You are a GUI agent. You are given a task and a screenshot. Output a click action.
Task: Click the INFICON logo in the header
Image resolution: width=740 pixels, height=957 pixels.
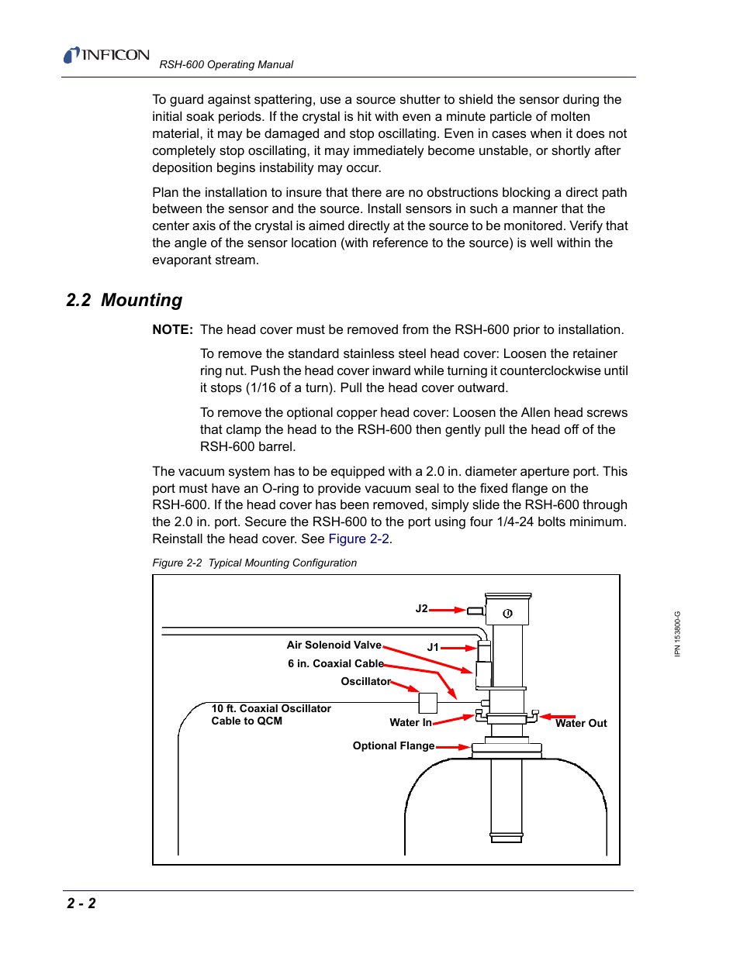click(x=106, y=55)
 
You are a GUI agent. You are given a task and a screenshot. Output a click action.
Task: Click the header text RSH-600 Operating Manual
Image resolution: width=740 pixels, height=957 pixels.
click(x=226, y=64)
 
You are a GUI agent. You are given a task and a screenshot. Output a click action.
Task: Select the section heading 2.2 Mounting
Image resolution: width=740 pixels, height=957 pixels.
click(x=124, y=300)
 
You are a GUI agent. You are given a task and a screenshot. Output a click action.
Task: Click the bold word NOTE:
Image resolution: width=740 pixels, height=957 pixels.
click(x=172, y=329)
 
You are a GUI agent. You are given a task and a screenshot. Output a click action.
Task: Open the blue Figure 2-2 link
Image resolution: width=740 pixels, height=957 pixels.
click(x=358, y=539)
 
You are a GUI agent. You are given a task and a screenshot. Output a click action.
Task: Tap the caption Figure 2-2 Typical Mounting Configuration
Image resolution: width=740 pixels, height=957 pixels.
click(x=254, y=563)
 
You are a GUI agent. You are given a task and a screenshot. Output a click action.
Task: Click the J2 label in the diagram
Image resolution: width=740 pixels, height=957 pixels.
click(x=421, y=608)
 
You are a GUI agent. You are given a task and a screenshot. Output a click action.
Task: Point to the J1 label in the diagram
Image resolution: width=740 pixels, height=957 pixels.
click(x=433, y=647)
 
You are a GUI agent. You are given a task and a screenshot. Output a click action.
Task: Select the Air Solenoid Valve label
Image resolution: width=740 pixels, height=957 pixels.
click(x=334, y=645)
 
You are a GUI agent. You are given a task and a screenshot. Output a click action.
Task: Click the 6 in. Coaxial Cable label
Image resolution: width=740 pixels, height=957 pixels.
click(x=335, y=663)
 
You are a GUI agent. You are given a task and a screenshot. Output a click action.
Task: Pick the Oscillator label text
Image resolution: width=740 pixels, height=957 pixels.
click(x=365, y=681)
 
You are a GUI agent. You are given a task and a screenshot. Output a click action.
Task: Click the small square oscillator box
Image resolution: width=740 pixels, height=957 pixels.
click(x=428, y=703)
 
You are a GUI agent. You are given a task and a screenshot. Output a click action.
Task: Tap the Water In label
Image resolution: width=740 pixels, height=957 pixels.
click(x=410, y=722)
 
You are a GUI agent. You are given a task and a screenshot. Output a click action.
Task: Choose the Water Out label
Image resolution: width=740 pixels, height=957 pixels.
click(x=581, y=723)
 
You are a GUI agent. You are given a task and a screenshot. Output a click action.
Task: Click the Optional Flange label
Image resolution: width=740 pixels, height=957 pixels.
click(x=393, y=745)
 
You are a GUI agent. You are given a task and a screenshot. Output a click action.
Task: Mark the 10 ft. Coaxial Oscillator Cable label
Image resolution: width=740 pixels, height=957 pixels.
click(x=271, y=714)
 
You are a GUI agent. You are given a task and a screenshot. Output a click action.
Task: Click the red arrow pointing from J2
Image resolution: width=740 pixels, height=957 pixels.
click(x=448, y=610)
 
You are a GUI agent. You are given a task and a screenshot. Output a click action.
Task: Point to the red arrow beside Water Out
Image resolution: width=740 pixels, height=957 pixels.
click(x=558, y=717)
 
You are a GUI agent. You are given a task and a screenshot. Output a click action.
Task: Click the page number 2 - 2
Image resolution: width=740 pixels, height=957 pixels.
click(x=81, y=903)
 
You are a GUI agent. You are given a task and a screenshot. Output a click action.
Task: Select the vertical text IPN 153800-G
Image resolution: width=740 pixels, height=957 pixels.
click(x=677, y=634)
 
